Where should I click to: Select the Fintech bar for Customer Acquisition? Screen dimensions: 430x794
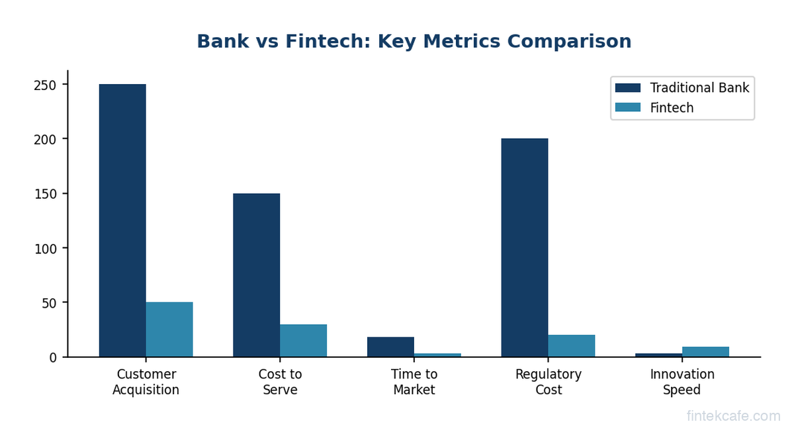click(169, 329)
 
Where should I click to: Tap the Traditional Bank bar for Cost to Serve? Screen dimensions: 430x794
click(256, 275)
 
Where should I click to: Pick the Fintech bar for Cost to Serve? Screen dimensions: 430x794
click(303, 341)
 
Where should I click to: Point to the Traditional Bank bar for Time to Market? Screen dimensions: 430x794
click(390, 347)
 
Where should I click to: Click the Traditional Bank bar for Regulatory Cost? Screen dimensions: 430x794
click(525, 248)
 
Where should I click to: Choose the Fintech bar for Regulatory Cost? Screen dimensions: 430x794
click(572, 346)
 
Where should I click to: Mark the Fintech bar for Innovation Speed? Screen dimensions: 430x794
click(705, 352)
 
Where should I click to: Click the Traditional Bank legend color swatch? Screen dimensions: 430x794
click(627, 88)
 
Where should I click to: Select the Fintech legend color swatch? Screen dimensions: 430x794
click(627, 108)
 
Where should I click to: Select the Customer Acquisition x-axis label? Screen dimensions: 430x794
click(146, 382)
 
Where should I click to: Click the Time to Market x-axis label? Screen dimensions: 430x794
click(414, 382)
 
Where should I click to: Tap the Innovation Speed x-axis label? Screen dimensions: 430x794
click(682, 382)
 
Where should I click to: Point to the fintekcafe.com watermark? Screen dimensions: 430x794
click(733, 416)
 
